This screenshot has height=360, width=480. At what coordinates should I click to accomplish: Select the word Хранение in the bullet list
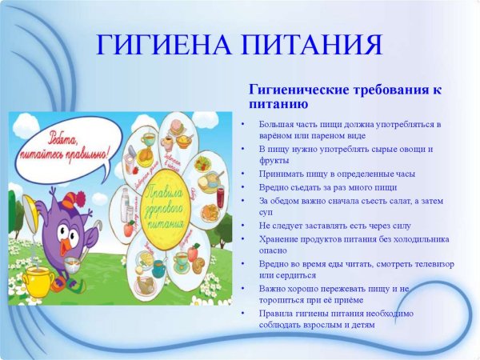coord(279,238)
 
